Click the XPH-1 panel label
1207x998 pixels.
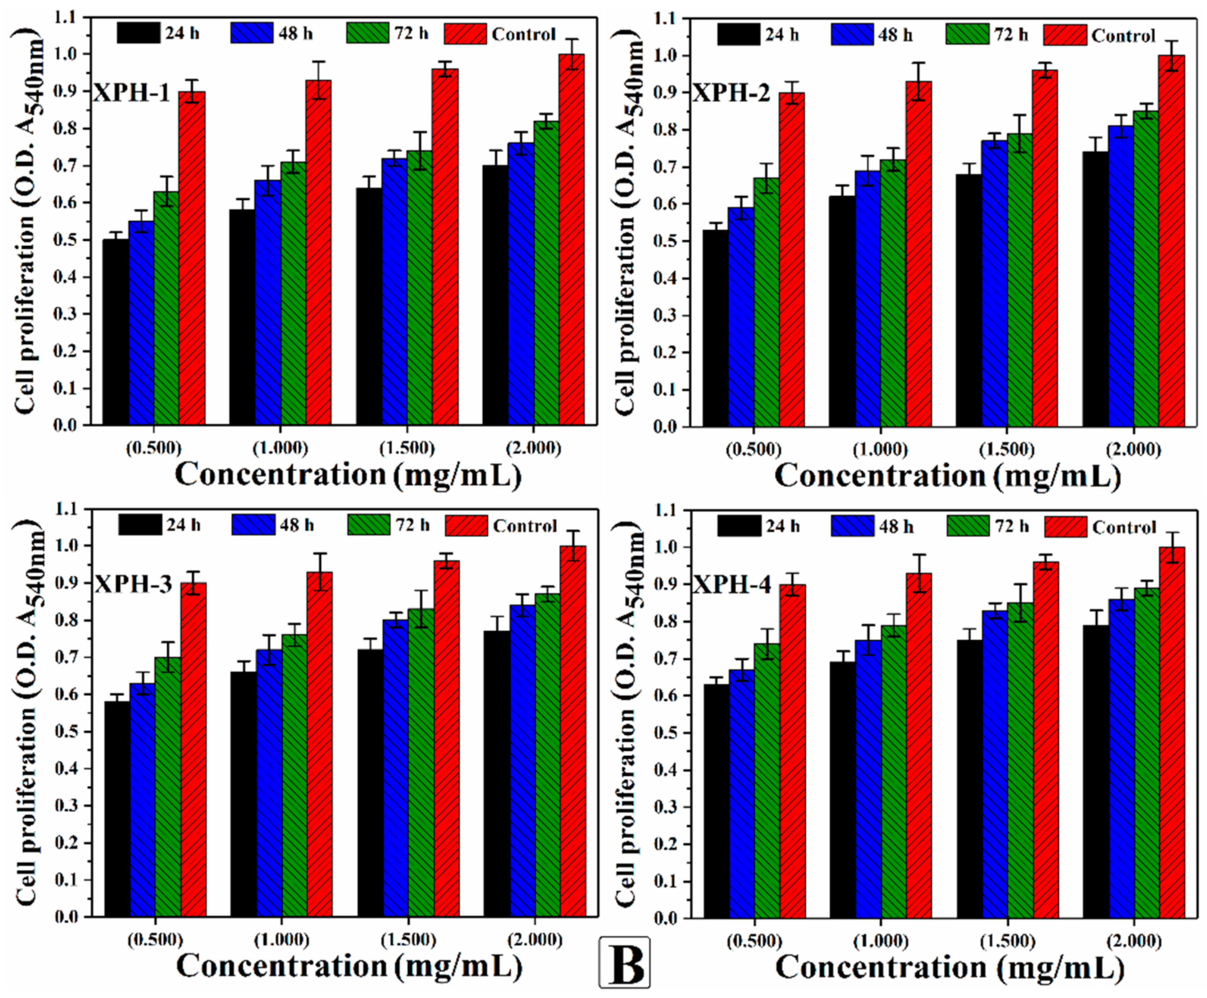click(132, 92)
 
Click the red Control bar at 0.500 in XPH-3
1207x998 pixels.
click(193, 750)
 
